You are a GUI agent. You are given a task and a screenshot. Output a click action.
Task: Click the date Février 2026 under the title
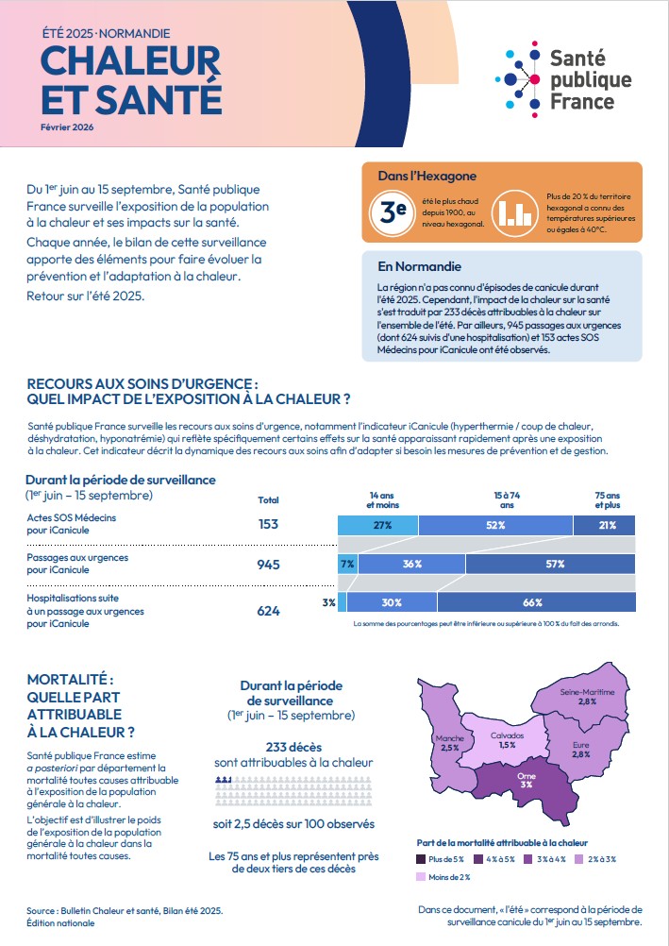68,127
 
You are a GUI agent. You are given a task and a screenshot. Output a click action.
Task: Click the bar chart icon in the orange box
515,211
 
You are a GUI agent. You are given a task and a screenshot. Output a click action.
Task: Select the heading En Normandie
419,266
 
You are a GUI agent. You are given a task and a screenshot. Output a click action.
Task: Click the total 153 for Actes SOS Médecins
268,524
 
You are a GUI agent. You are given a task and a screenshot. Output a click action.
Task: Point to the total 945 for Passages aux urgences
268,565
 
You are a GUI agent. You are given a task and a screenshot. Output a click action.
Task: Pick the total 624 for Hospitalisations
268,611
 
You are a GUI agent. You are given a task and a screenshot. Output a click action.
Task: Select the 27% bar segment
377,525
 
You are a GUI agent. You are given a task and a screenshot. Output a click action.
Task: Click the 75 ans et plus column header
607,500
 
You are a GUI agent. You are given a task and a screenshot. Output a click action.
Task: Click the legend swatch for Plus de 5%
421,859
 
